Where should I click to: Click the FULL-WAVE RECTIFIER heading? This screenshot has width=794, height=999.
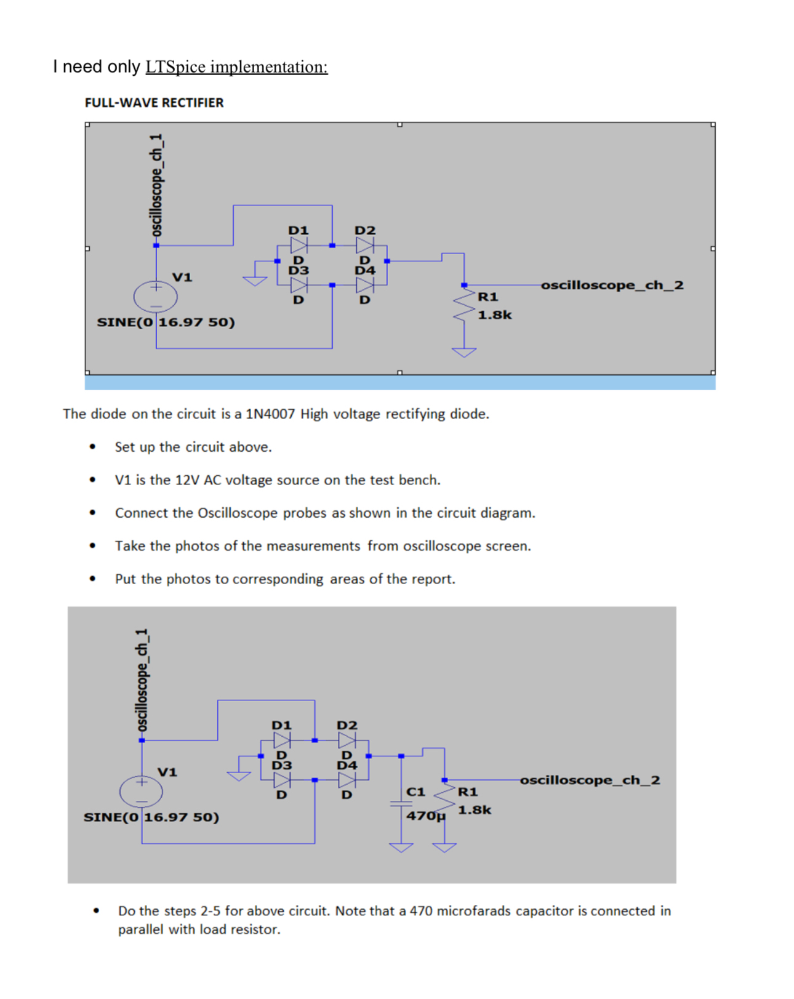point(154,103)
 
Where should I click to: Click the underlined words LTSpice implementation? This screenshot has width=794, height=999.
point(236,66)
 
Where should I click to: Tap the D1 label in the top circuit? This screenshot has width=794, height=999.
point(299,230)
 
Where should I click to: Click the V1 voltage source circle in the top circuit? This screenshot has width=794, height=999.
point(156,297)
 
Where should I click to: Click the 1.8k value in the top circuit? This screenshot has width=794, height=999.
point(495,315)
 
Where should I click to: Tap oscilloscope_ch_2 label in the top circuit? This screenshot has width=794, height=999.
point(612,285)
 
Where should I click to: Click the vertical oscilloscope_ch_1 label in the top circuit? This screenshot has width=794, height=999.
point(157,185)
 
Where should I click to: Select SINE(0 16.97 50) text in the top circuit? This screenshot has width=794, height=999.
point(166,322)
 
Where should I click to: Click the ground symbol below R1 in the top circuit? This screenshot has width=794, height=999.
point(464,352)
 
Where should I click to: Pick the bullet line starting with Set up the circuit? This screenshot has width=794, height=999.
point(193,447)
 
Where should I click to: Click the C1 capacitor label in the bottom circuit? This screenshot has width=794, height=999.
point(416,792)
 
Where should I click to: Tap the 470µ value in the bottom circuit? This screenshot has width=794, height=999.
point(425,816)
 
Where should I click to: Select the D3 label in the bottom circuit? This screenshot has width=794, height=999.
point(282,765)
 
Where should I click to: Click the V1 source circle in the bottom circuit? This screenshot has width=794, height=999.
point(141,792)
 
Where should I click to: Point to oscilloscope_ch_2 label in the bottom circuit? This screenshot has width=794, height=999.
point(590,780)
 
